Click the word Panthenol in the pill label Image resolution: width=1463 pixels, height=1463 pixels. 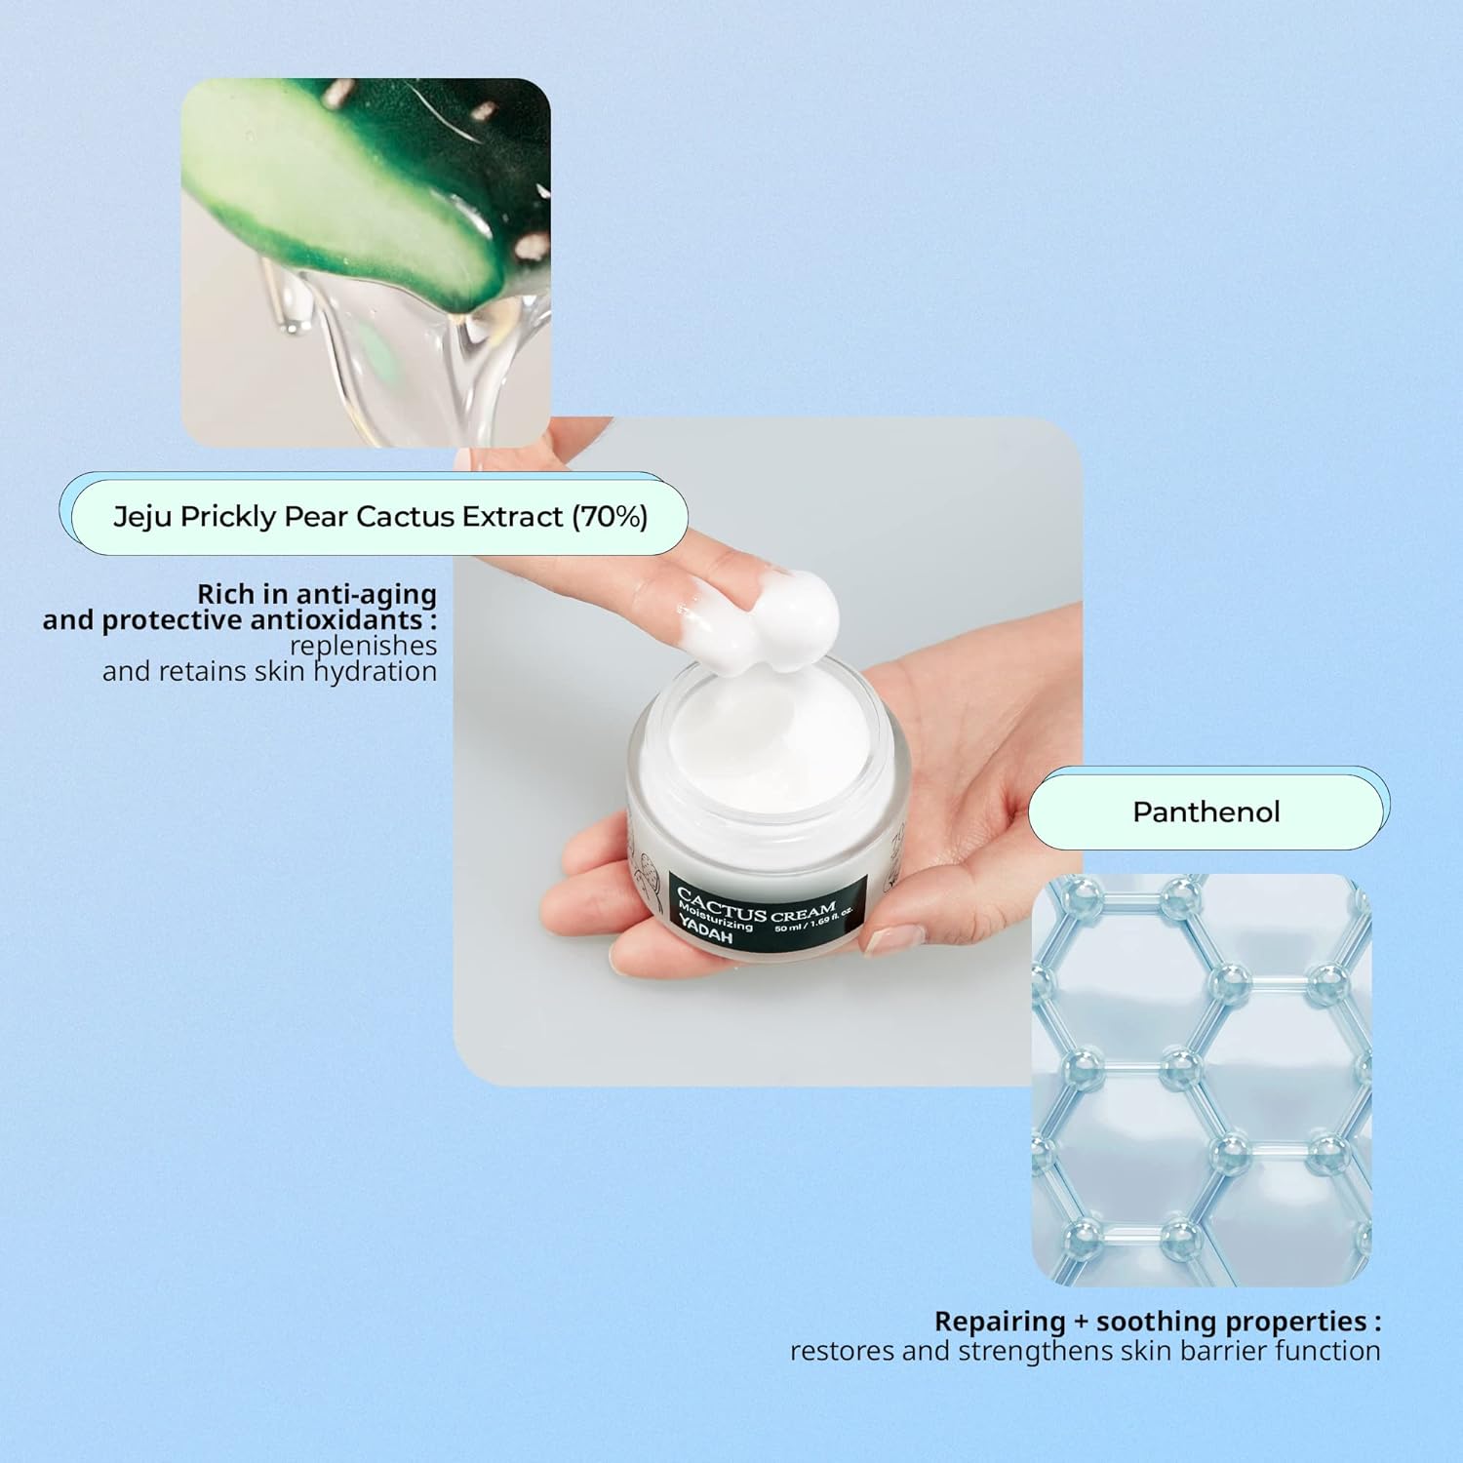coord(1206,811)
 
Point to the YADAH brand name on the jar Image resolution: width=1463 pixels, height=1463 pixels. coord(705,932)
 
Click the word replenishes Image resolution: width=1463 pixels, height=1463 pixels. coord(363,647)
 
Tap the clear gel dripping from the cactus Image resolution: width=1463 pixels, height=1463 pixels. coord(410,361)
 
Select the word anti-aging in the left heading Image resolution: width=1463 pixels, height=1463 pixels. coord(366,595)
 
